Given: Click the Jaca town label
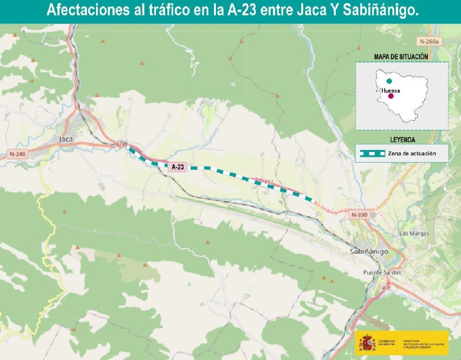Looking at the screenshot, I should pos(65,139).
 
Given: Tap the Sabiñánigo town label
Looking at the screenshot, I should pos(370,251).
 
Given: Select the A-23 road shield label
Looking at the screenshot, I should pos(178,167).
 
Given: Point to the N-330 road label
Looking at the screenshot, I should pos(359,215).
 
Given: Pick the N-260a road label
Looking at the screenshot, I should pos(428,42).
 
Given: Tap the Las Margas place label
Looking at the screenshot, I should pos(414,233).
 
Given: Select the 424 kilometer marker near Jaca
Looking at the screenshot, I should pos(120,144).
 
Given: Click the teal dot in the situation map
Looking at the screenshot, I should pos(389,81).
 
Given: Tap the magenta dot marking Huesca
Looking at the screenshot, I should pos(391,96).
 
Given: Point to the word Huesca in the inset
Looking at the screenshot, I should pos(391,90).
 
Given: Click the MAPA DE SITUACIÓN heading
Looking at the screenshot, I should pos(401,57).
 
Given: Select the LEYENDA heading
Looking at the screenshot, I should pos(403,140).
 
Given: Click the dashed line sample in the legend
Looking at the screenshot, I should pos(373,153).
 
